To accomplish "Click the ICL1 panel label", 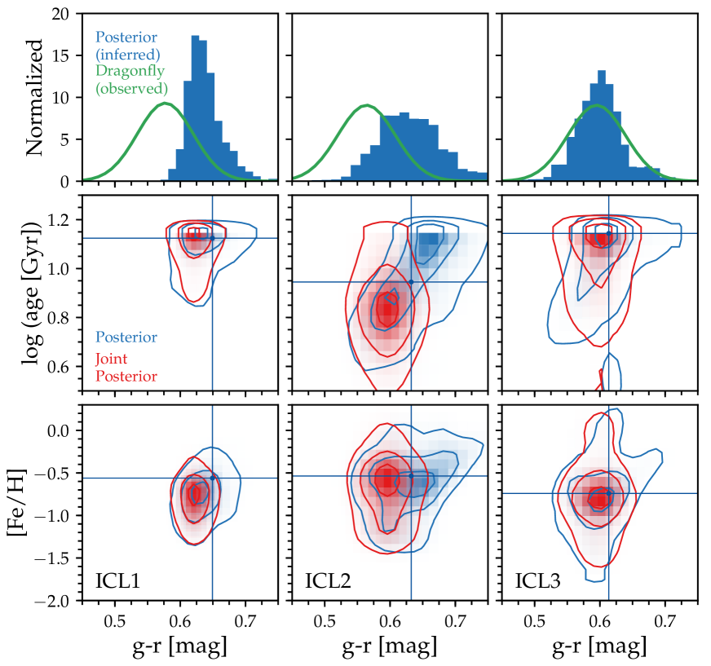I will [x=116, y=582].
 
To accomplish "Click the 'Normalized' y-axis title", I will [x=35, y=97].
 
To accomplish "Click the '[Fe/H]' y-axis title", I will [x=35, y=502].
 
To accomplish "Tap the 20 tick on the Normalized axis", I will [x=64, y=15].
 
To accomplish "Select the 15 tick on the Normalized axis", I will [x=64, y=56].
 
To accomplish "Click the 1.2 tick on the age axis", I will [x=62, y=220].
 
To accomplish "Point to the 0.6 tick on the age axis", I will [x=62, y=367].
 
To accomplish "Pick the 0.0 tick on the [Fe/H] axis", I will [x=60, y=430].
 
